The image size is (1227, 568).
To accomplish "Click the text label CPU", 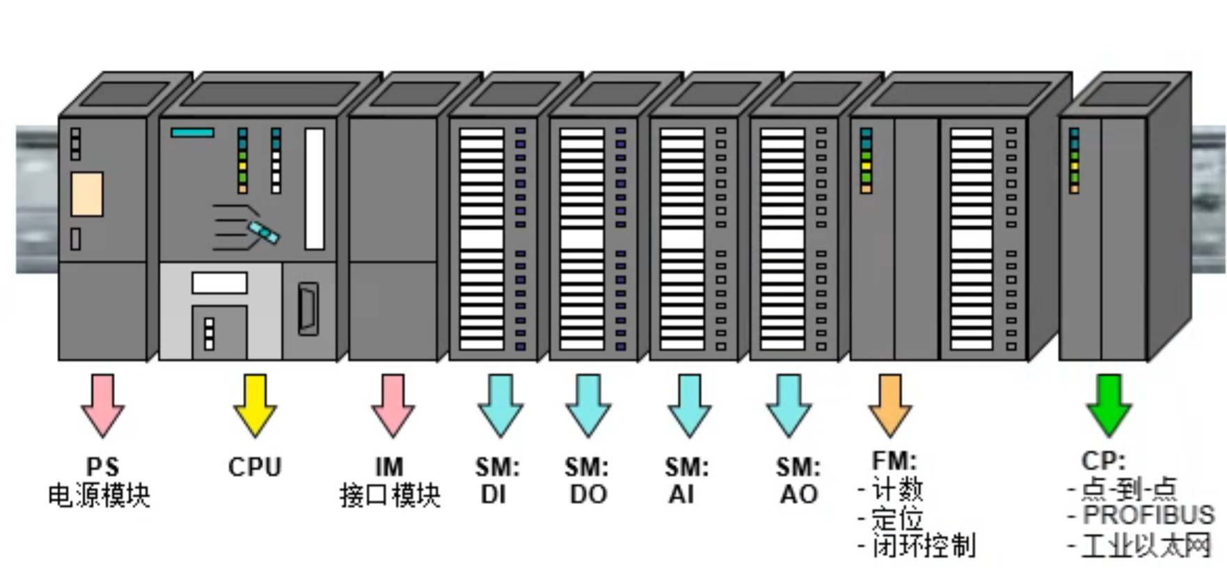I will (255, 466).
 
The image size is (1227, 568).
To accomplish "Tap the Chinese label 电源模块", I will (100, 496).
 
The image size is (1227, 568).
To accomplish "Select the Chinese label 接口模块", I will (390, 496).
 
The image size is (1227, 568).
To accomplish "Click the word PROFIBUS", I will (1148, 515).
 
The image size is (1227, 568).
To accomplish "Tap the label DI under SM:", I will (493, 494).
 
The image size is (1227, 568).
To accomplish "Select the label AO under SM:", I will (799, 494).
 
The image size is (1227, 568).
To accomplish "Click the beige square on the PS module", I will (87, 194).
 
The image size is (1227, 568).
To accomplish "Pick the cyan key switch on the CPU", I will (264, 232).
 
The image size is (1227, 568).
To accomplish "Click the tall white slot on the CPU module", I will (315, 188).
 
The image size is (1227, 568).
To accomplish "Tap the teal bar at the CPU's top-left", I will (192, 133).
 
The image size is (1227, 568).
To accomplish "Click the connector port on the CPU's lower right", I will (308, 308).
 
